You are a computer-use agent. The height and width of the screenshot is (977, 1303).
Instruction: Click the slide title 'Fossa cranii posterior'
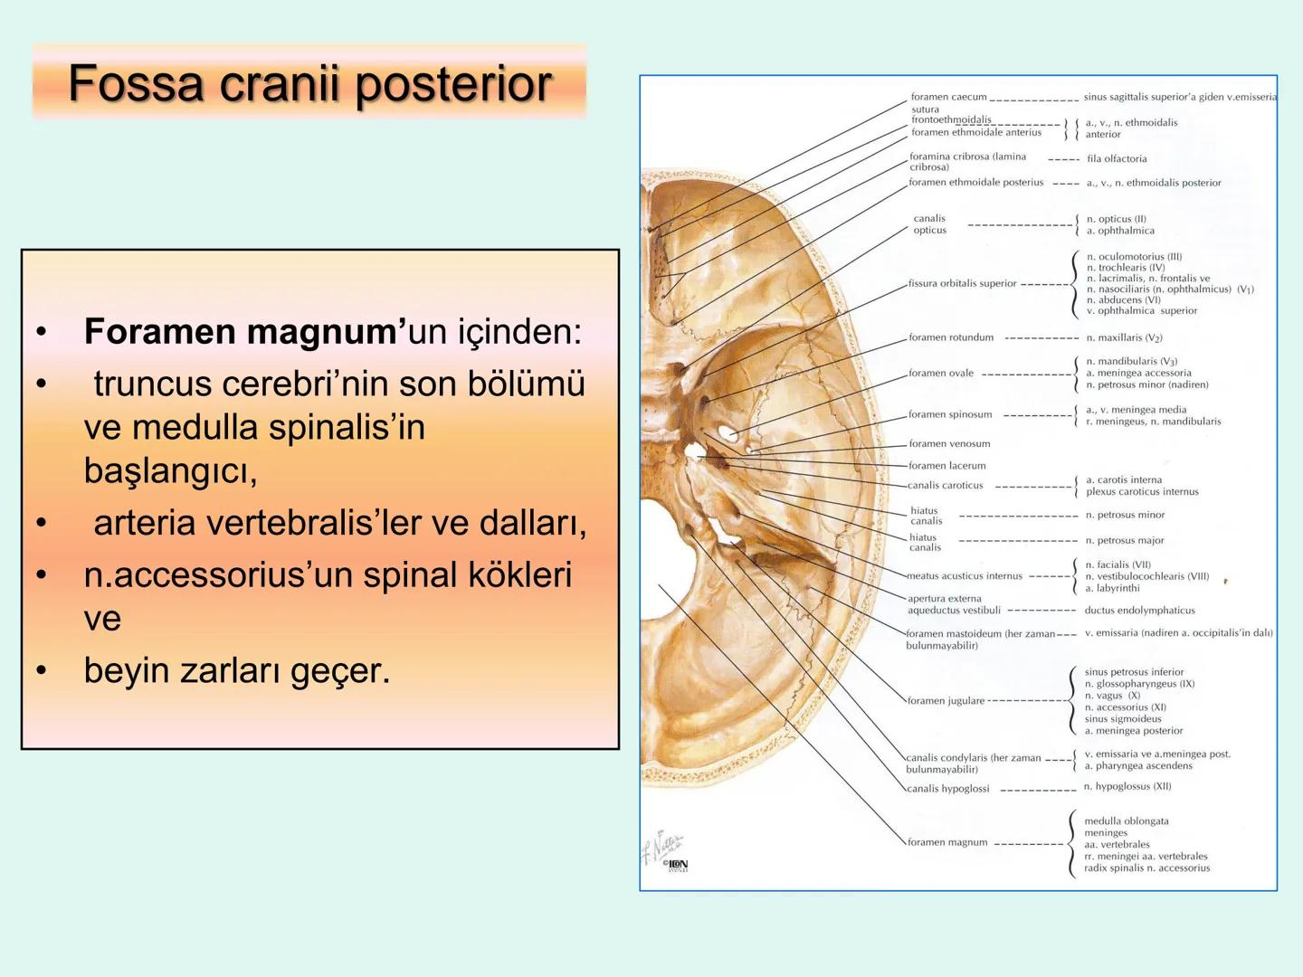[309, 84]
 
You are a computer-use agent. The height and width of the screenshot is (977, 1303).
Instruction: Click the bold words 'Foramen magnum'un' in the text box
[244, 332]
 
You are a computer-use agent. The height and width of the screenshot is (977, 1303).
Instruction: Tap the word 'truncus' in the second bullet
[152, 384]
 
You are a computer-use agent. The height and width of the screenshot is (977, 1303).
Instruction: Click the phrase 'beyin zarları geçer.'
[236, 670]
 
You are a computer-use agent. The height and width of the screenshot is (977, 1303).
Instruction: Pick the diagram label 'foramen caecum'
[948, 97]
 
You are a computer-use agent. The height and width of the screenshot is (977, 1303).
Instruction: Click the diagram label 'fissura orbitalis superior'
[962, 283]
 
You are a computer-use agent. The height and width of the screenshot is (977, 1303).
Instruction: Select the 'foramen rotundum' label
[951, 337]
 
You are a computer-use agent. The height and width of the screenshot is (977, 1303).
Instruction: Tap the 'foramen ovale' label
[941, 373]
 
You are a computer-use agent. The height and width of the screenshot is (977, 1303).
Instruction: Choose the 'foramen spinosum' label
[950, 414]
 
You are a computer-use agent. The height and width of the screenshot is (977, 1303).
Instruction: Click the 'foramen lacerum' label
[947, 465]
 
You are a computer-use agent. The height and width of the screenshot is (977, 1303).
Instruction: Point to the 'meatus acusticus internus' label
[965, 575]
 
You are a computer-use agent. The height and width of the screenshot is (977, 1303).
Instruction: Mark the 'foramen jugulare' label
[946, 700]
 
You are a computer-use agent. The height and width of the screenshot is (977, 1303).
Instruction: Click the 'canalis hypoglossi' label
[947, 788]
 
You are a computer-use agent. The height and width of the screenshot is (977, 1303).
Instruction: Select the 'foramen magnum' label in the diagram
[947, 841]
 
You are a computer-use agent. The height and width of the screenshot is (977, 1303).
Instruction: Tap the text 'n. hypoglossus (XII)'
[1127, 786]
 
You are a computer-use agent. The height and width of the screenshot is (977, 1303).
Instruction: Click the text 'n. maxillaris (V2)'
[1124, 337]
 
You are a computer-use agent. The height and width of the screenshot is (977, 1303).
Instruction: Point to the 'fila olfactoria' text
[1117, 158]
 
